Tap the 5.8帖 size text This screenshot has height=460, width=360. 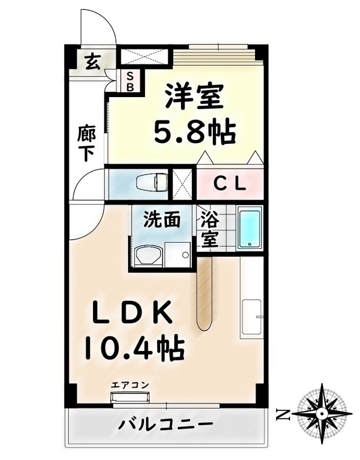click(195, 131)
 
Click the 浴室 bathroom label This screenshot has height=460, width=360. click(210, 229)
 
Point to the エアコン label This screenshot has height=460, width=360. click(130, 385)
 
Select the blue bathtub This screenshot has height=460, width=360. click(249, 228)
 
